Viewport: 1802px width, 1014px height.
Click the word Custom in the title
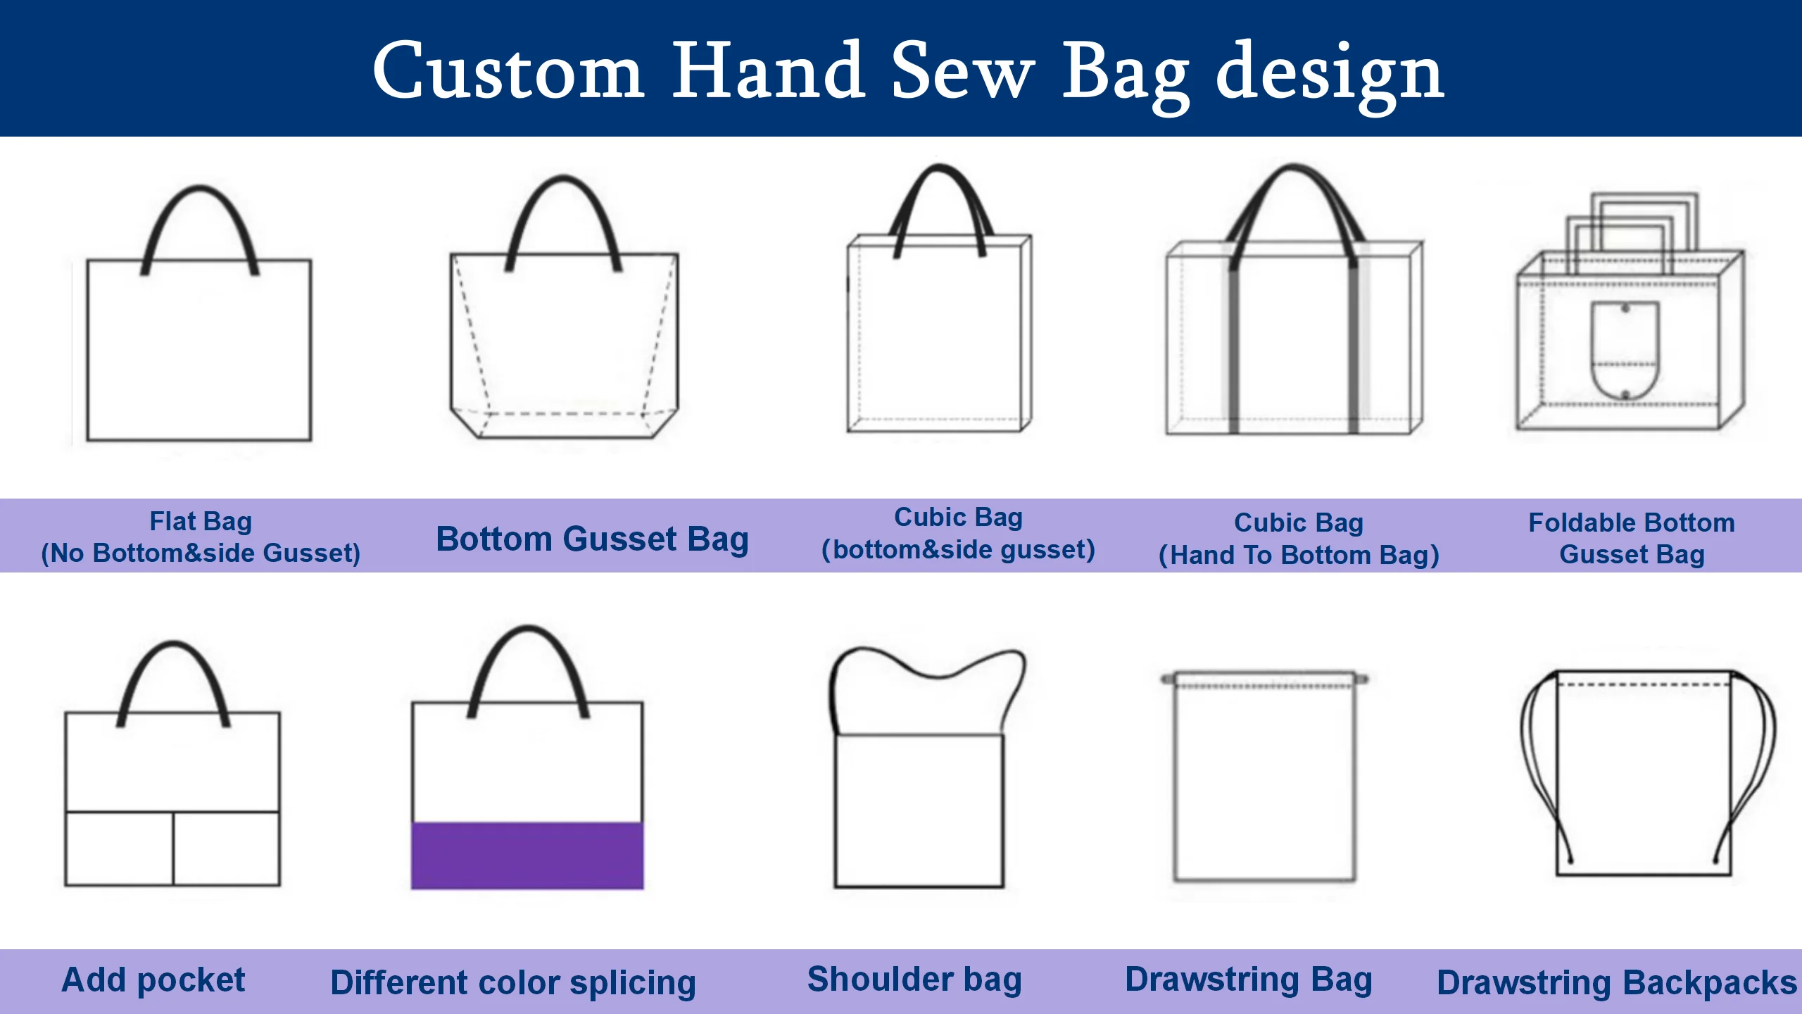(x=508, y=70)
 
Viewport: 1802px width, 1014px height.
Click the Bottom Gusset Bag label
(x=592, y=539)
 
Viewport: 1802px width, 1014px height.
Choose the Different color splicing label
(x=513, y=983)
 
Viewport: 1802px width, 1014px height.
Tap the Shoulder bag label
(x=914, y=979)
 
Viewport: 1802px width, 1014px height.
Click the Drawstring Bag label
(x=1249, y=979)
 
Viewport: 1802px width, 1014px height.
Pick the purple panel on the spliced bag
(x=527, y=856)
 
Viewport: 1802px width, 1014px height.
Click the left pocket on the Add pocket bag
(x=119, y=849)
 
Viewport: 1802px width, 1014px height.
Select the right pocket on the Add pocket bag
(x=227, y=849)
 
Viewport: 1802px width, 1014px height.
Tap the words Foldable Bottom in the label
(x=1631, y=522)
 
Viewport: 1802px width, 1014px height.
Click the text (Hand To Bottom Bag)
(x=1299, y=556)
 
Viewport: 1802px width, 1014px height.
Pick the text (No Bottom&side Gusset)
(x=201, y=553)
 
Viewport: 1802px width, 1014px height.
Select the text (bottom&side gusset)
(x=958, y=550)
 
